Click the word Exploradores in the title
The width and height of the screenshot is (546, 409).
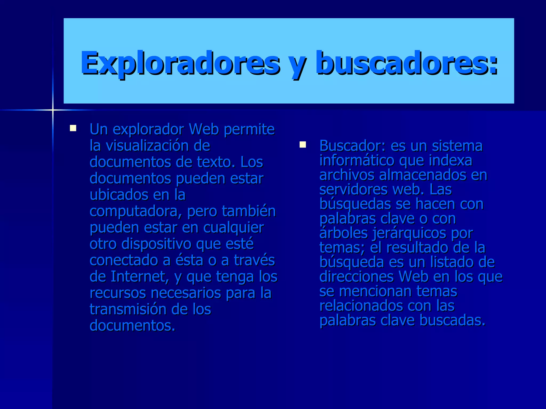click(180, 63)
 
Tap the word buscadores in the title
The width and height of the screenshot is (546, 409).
click(406, 63)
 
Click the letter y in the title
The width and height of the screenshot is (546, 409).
click(298, 65)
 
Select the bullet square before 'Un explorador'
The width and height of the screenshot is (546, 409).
click(73, 128)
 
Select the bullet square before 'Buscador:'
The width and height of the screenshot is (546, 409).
click(303, 145)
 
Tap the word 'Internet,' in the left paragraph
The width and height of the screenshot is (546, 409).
click(140, 277)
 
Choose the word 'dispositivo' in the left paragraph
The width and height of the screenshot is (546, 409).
click(156, 244)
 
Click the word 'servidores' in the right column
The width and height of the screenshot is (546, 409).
click(354, 190)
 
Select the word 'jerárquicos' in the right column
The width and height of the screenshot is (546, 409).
click(409, 234)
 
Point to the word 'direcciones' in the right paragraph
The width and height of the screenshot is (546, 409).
click(356, 277)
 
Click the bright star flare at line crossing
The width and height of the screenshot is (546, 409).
click(53, 110)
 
